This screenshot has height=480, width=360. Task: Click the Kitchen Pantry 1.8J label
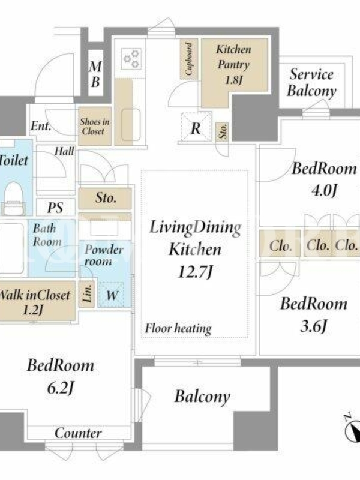click(233, 65)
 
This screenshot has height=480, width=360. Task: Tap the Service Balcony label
click(311, 82)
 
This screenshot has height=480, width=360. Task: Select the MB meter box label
click(95, 74)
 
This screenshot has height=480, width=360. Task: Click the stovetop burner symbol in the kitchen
click(131, 58)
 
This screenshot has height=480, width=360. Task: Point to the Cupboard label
click(189, 59)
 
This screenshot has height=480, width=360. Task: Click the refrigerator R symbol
click(196, 128)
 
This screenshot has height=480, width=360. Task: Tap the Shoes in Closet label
click(95, 126)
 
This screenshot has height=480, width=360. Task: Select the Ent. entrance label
click(40, 125)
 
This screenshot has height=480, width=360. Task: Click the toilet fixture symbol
click(14, 198)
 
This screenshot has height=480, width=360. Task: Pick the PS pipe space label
click(55, 208)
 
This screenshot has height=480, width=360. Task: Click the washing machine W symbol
click(112, 295)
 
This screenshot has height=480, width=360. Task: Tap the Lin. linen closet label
click(88, 294)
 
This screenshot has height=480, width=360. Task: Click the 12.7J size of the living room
click(195, 271)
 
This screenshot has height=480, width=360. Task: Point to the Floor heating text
click(178, 329)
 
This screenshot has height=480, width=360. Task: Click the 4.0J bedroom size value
click(324, 190)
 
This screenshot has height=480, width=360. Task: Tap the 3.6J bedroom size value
click(314, 326)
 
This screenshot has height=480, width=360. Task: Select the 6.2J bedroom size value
click(61, 388)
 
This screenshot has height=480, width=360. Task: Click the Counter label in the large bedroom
click(79, 433)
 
